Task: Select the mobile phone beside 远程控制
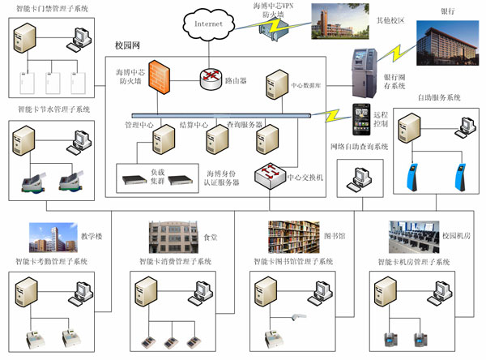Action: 362,121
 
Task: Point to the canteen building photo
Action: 173,236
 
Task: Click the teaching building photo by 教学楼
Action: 52,237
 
